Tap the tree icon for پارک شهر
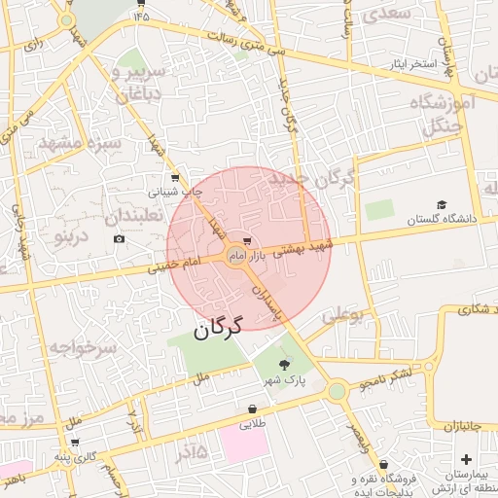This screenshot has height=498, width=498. [284, 365]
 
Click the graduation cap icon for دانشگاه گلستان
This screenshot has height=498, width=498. [442, 205]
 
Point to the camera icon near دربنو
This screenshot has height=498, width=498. [119, 239]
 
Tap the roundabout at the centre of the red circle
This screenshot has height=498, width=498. [235, 256]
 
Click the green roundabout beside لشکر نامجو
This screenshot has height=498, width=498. [338, 391]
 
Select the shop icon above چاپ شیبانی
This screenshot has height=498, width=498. [174, 178]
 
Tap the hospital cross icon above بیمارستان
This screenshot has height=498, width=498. [465, 459]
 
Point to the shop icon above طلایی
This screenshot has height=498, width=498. [253, 409]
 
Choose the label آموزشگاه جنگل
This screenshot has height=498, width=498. [442, 111]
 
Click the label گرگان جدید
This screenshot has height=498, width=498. [312, 179]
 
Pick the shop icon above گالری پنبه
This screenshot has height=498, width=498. [75, 443]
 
